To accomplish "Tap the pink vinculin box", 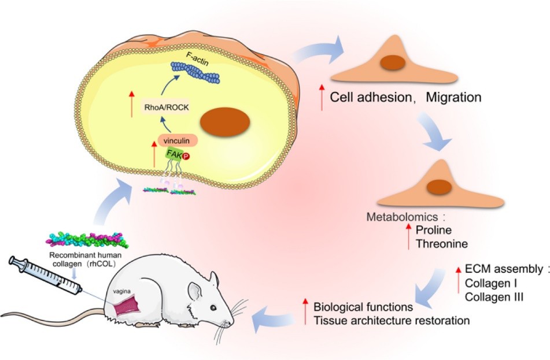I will pos(178,139).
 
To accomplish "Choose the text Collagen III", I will pos(490,296).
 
